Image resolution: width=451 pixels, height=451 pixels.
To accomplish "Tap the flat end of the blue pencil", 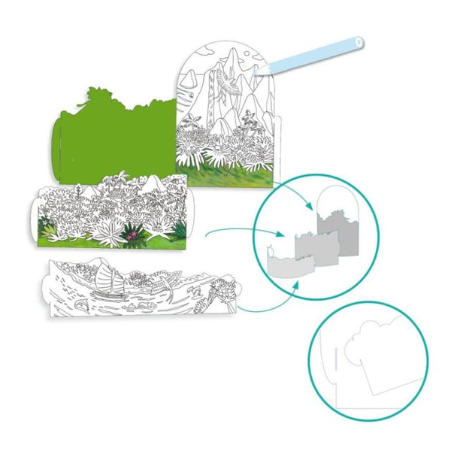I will click(359, 42).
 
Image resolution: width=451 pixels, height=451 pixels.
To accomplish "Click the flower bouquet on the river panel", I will click(223, 289).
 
